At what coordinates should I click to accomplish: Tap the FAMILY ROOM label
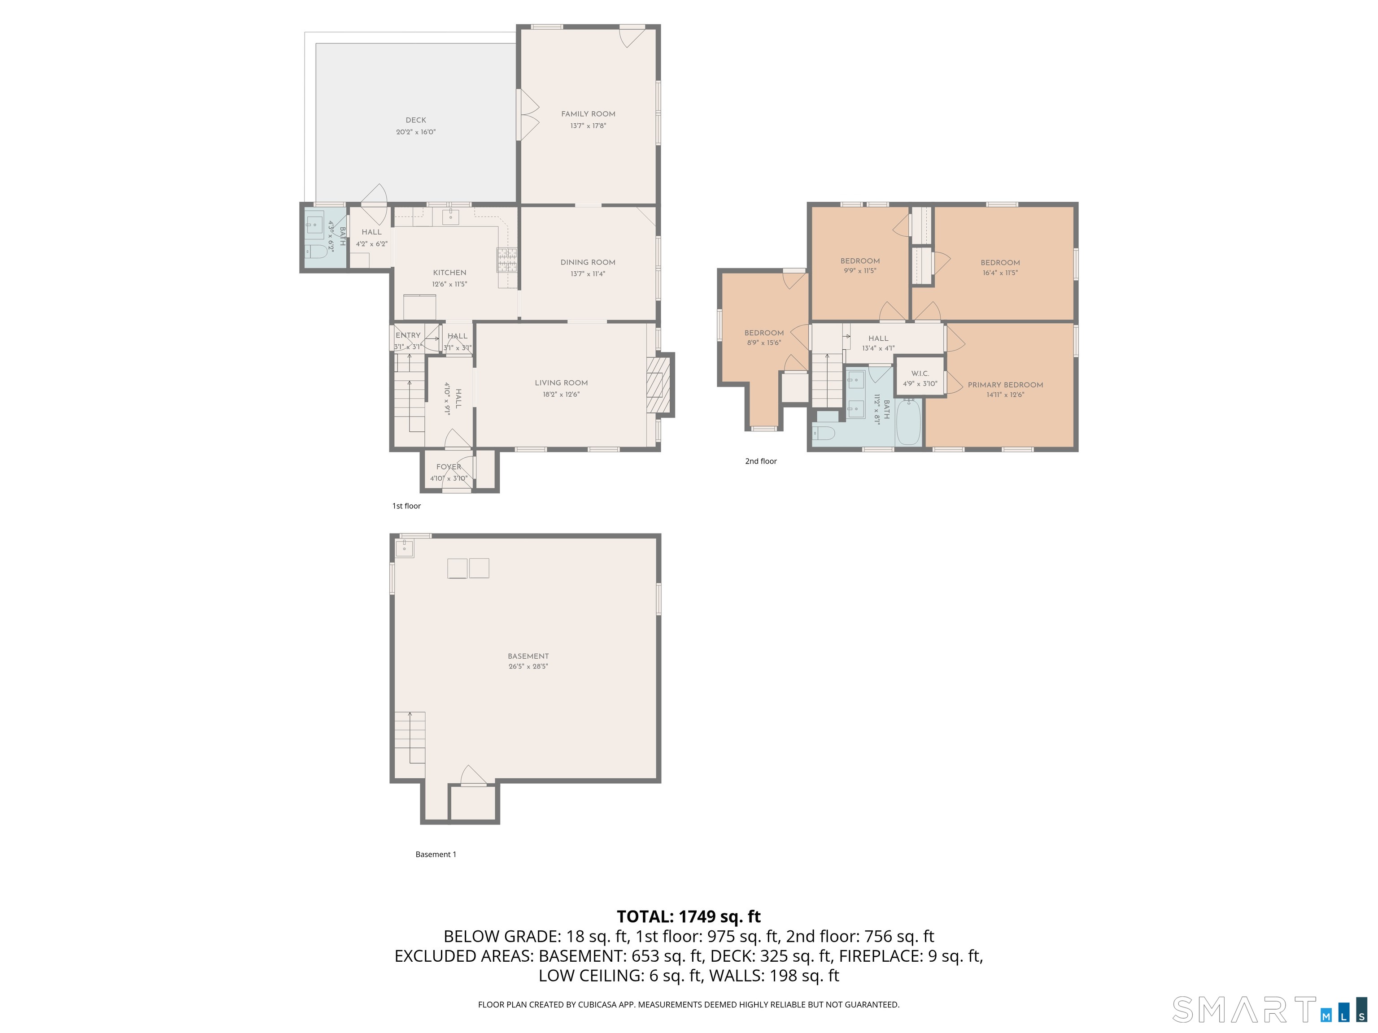point(588,114)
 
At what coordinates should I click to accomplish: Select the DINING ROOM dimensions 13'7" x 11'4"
point(588,274)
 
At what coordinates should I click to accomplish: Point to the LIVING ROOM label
point(561,383)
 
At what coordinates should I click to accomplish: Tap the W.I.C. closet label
point(920,373)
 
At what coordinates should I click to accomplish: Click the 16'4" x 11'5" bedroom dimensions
point(1000,273)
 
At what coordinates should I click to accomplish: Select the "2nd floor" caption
point(761,461)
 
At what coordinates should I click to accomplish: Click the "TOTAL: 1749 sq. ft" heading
point(689,916)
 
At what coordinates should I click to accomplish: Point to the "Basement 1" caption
point(436,854)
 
